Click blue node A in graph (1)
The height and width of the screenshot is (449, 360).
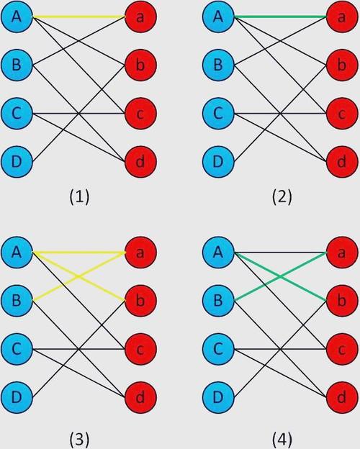[x=17, y=17]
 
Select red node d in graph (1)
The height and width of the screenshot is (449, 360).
[x=140, y=162]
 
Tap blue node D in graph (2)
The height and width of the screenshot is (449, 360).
[x=218, y=162]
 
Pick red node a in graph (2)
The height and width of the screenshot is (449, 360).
[x=342, y=17]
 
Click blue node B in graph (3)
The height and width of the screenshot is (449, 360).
[x=17, y=301]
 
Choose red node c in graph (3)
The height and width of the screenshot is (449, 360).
[x=140, y=349]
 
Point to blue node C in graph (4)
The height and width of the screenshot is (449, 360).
[x=218, y=349]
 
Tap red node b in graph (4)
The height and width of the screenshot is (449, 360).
[x=342, y=301]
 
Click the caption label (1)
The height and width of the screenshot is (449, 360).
[x=79, y=197]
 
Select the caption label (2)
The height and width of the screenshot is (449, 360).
[x=282, y=197]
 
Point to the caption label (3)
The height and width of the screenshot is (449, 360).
[x=79, y=440]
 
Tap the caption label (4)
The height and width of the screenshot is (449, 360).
[x=282, y=440]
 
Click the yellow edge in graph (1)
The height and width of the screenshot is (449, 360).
[x=79, y=17]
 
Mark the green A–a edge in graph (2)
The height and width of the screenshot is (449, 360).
[x=281, y=17]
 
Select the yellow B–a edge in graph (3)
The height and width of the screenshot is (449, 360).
[x=79, y=276]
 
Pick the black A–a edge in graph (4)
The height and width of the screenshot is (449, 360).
[x=281, y=253]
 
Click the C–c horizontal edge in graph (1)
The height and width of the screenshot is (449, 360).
[x=79, y=114]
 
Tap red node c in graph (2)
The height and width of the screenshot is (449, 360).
[x=342, y=114]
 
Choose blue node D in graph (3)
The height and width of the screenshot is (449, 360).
[x=17, y=397]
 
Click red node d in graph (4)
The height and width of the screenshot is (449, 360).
[x=342, y=397]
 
